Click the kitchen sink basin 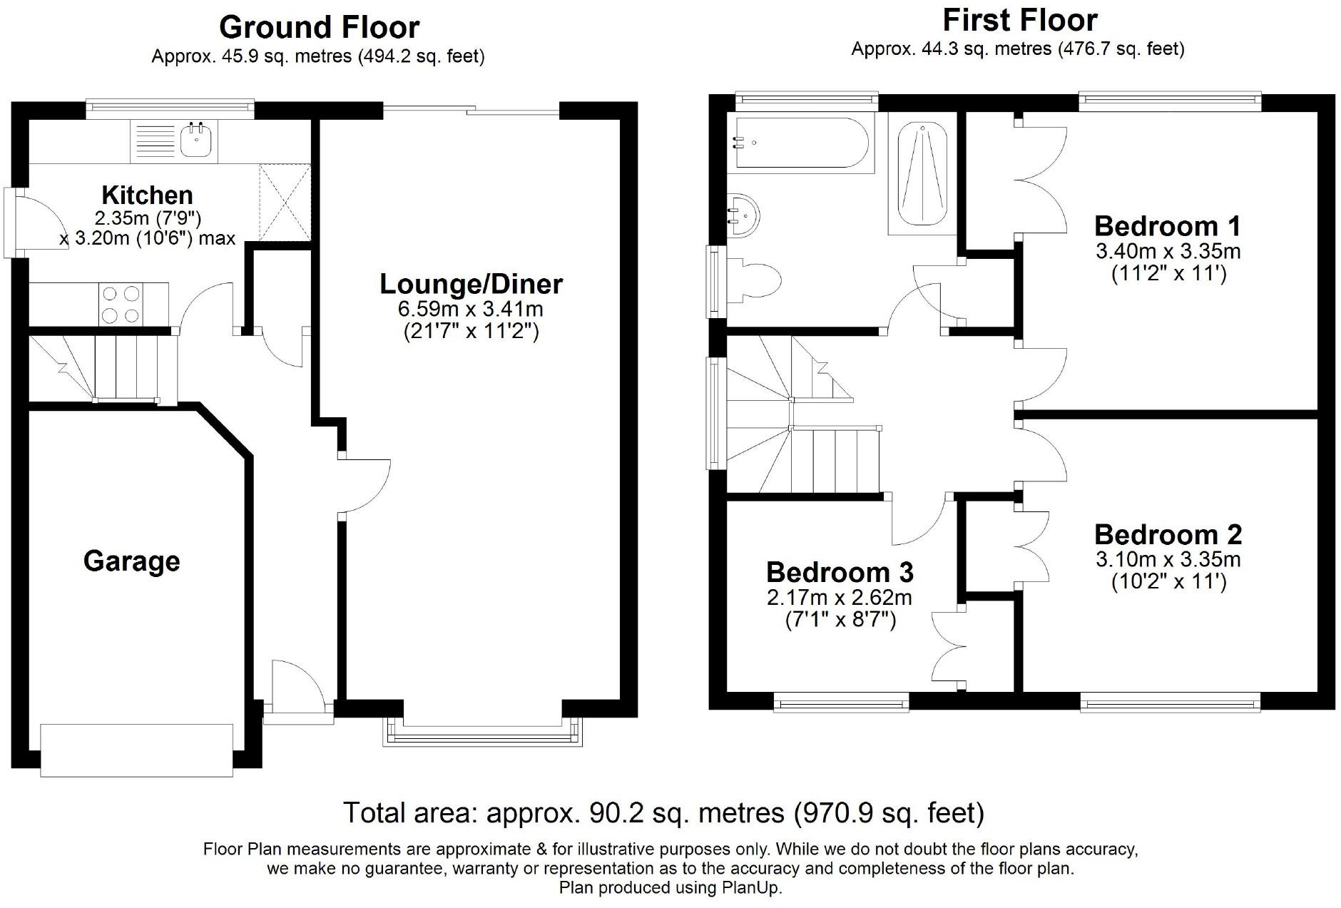(x=194, y=140)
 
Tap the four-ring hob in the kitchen (x=121, y=305)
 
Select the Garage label (x=132, y=561)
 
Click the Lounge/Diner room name (x=471, y=284)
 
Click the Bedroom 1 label (x=1168, y=226)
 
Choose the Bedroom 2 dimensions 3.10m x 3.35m (x=1168, y=558)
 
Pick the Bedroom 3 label (x=840, y=572)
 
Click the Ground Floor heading (x=319, y=27)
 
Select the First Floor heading (x=1020, y=20)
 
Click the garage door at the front (x=137, y=750)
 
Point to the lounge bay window (x=482, y=732)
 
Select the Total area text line (x=663, y=812)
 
